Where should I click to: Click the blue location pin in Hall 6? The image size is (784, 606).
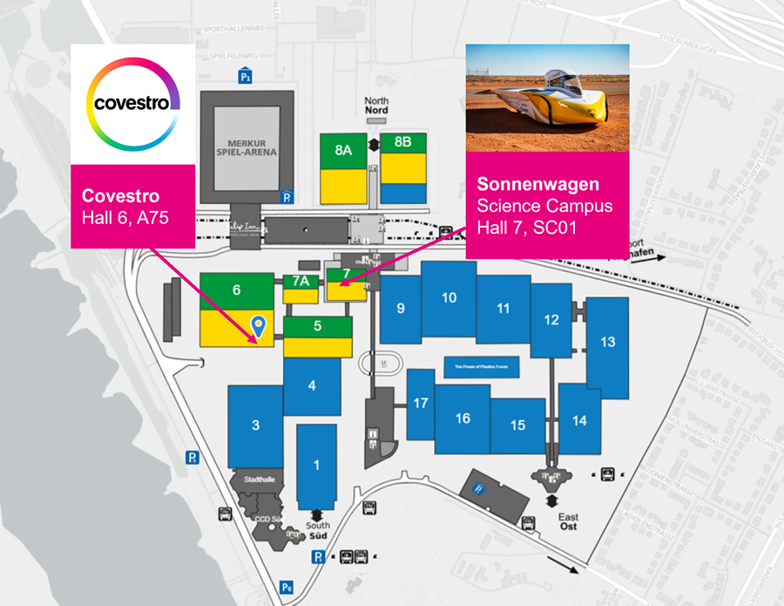pos(258,326)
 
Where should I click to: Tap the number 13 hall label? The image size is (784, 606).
pos(607,341)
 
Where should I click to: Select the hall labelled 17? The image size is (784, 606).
pos(421,403)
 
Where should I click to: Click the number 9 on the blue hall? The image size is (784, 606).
pos(400,308)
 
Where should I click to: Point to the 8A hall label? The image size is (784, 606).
pos(343,149)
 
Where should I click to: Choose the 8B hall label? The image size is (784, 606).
pos(402,141)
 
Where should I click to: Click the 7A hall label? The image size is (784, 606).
pos(301,282)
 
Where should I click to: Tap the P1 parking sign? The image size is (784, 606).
pos(246,77)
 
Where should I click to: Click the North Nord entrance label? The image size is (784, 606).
pos(376,106)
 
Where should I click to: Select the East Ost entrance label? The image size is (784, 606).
pos(568,522)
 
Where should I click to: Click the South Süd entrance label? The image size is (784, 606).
pos(318,529)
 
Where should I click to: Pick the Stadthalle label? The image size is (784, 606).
pos(260,479)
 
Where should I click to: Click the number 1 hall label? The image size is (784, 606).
pos(316,465)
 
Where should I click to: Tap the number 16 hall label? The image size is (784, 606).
pos(463,419)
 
